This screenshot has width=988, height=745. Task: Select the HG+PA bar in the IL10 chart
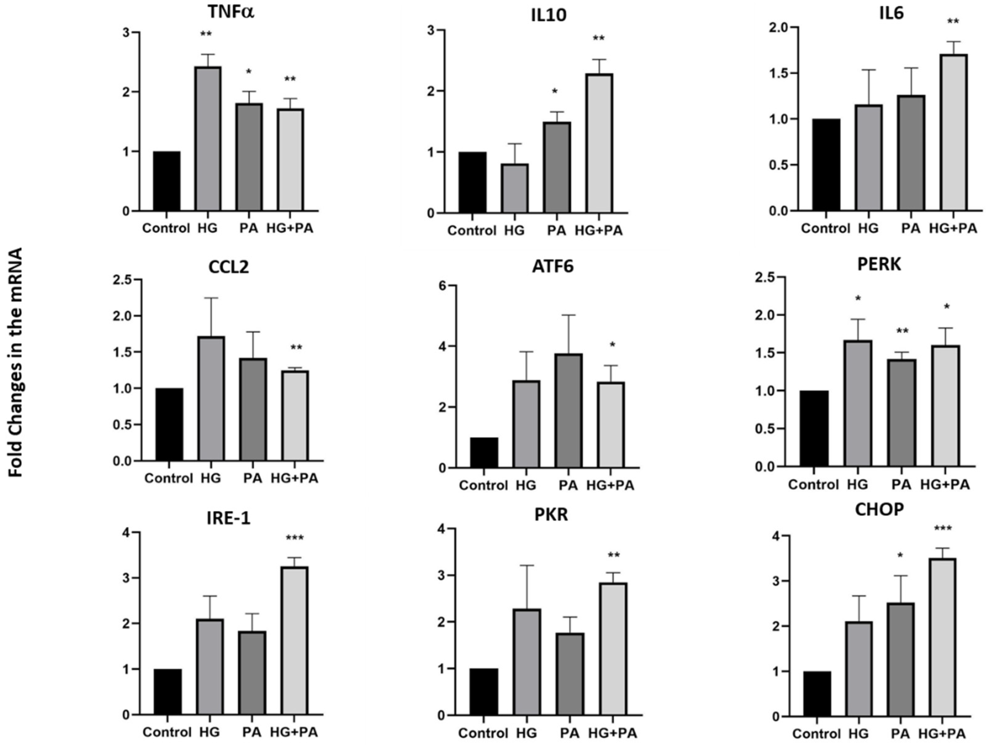[x=599, y=143]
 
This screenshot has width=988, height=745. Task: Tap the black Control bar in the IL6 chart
[x=826, y=165]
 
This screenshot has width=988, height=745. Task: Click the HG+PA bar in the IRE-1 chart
[x=294, y=641]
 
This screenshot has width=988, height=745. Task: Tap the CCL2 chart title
[x=228, y=267]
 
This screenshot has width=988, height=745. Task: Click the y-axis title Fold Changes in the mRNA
[x=16, y=363]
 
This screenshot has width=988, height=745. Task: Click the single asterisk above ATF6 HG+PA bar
[x=612, y=345]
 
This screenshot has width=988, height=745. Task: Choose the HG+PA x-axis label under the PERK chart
[x=945, y=484]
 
